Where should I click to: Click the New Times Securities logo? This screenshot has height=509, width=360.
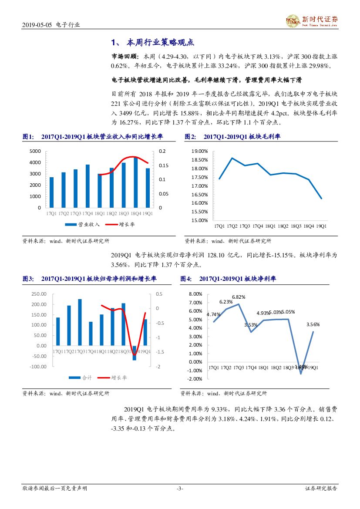coord(311,20)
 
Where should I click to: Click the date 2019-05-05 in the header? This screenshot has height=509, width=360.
coord(38,25)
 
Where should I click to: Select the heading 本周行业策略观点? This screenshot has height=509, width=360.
coord(159,43)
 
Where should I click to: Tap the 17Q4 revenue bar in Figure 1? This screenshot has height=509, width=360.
coord(87,186)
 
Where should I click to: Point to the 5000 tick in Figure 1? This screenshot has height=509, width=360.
coord(35,151)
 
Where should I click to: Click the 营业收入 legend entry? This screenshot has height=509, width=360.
coord(83,225)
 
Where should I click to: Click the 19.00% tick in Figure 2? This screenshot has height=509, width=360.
coord(200,151)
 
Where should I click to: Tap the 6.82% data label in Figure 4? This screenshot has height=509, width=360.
coord(239,297)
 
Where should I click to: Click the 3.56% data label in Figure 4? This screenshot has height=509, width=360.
coord(313,324)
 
